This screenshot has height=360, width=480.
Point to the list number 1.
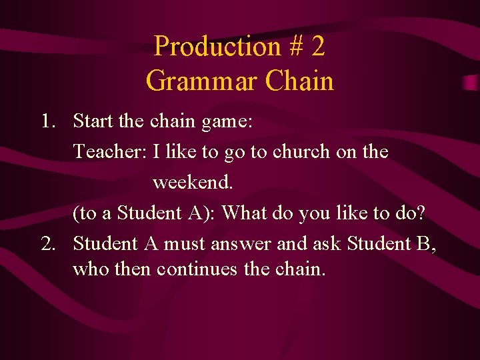click(47, 121)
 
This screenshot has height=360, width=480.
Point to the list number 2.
click(47, 244)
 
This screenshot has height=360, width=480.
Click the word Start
click(93, 121)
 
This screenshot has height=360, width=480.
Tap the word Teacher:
click(110, 152)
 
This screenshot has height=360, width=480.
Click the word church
click(299, 152)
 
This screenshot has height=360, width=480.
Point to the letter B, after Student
click(425, 245)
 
